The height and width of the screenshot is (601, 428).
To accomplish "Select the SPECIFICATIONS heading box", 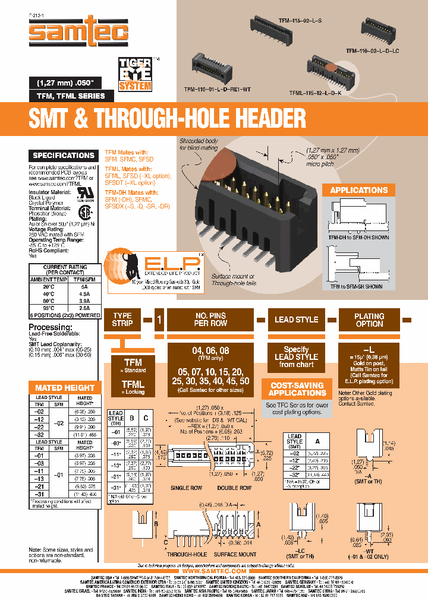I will tap(64, 156).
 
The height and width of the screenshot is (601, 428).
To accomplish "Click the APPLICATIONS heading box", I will tap(358, 191).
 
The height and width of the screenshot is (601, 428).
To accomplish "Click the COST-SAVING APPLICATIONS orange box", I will tap(297, 389).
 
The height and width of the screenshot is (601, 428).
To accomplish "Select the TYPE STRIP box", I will tap(122, 320).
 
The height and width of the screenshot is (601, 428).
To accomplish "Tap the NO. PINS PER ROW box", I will tap(210, 320).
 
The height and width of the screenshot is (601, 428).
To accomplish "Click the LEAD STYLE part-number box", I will tap(296, 320).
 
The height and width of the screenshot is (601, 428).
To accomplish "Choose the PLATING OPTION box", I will tap(369, 320).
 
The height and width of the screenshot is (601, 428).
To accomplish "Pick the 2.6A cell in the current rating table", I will tap(84, 308).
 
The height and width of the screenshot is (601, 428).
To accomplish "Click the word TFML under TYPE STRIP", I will tap(133, 384).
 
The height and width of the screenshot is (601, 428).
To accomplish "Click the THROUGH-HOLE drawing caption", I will tap(188, 555).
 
